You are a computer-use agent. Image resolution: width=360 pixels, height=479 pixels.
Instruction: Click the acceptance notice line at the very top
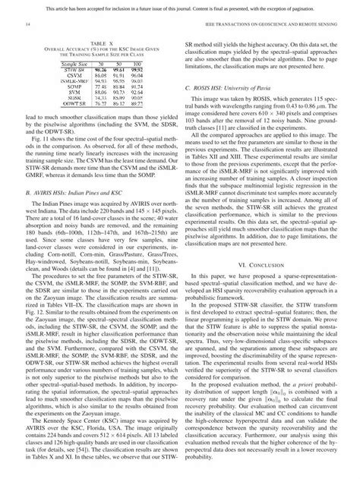click(181, 7)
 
